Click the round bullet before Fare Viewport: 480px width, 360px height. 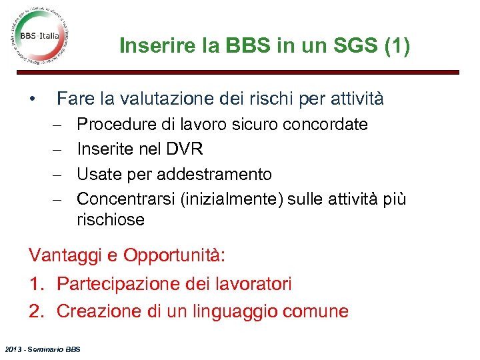[x=31, y=99]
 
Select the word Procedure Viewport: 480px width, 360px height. [x=117, y=125]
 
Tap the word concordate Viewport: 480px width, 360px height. [x=325, y=125]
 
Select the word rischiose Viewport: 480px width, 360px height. [x=110, y=219]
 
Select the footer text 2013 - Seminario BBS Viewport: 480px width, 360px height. [x=41, y=349]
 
